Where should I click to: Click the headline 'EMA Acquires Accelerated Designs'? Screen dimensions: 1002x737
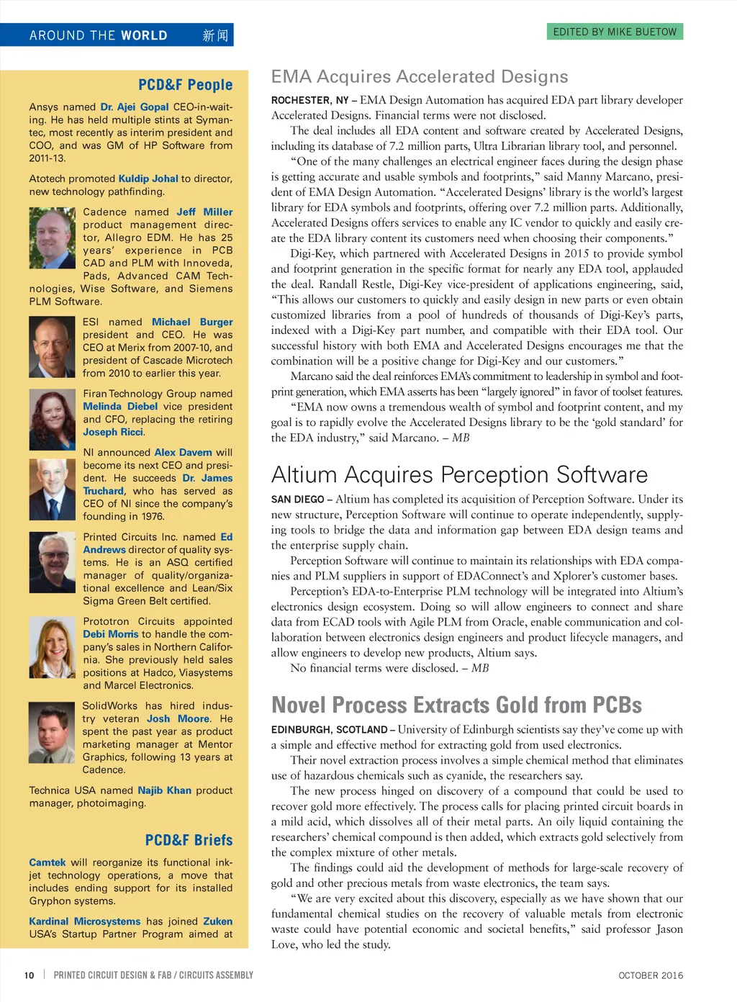click(x=419, y=77)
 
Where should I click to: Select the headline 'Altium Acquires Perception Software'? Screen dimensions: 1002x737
click(x=459, y=475)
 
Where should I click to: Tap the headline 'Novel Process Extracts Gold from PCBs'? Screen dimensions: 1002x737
click(x=456, y=705)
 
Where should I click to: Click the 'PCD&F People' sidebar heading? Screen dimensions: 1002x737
click(x=185, y=85)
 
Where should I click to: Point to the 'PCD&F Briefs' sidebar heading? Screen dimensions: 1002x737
click(x=189, y=840)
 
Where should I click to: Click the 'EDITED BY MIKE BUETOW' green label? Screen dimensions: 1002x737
click(x=614, y=32)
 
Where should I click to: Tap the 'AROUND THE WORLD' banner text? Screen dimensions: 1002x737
click(x=99, y=35)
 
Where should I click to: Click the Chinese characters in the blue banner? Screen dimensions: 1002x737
click(x=215, y=35)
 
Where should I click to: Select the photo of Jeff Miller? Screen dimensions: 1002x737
click(x=53, y=238)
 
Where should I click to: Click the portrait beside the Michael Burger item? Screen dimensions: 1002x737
click(x=53, y=347)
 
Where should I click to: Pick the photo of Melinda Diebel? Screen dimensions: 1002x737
click(x=53, y=420)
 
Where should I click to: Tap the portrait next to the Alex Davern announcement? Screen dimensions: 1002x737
click(x=53, y=489)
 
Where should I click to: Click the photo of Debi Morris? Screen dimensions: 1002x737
click(x=53, y=648)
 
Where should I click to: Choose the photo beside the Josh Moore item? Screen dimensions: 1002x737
click(x=53, y=732)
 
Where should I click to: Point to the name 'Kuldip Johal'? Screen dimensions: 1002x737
click(x=148, y=179)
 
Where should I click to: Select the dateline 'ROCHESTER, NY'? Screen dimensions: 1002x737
click(x=309, y=101)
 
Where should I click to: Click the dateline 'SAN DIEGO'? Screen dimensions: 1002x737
click(x=297, y=500)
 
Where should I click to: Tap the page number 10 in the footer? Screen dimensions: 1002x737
click(x=30, y=975)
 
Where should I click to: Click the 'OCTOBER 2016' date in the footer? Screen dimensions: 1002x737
click(x=651, y=975)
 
